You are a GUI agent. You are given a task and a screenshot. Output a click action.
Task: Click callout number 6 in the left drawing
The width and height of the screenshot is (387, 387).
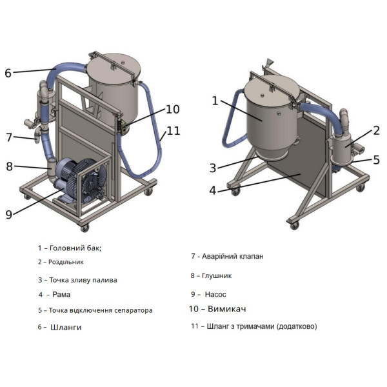click(8, 73)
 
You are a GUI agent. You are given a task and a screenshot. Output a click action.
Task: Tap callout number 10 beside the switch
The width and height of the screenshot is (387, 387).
click(172, 110)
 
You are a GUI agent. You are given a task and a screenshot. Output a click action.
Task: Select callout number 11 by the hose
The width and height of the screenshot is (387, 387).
click(174, 131)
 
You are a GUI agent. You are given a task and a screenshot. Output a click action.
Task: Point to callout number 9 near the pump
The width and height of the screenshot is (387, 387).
click(9, 214)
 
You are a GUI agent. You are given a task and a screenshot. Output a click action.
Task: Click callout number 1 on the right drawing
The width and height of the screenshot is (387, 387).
click(215, 101)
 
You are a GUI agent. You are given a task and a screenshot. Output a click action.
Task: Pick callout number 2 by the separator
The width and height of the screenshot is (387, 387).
click(376, 130)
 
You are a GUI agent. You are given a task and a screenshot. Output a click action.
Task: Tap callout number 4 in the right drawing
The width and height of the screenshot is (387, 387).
click(212, 190)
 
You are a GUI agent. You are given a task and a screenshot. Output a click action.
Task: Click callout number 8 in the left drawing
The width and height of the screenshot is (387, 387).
click(10, 166)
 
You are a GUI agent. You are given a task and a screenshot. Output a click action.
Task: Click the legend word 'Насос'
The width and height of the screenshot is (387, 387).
click(215, 294)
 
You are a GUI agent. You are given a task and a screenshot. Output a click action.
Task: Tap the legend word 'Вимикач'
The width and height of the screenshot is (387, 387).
click(227, 309)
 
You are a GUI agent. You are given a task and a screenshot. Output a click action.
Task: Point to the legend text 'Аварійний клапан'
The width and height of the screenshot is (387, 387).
click(232, 256)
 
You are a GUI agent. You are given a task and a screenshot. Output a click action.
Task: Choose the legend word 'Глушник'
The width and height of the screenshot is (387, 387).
click(217, 275)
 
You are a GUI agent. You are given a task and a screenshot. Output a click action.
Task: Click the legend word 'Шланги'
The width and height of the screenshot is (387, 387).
click(66, 327)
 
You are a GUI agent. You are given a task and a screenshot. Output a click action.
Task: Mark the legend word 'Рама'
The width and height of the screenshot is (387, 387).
click(61, 294)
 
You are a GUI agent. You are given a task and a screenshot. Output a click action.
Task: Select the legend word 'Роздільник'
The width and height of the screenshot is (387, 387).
click(66, 262)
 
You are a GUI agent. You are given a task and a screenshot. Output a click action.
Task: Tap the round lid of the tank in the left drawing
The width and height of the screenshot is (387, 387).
click(114, 67)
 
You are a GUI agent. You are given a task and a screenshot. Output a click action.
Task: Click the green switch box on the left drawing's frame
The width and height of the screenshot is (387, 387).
click(123, 127)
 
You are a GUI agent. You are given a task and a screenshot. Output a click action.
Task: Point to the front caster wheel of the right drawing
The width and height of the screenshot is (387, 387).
click(295, 225)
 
